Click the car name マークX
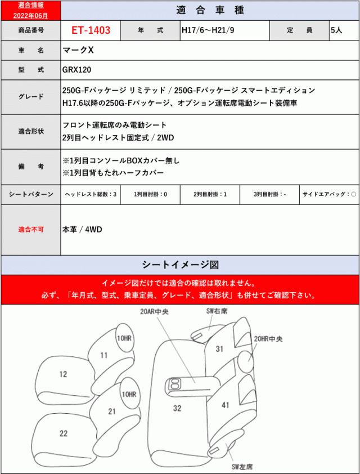78,51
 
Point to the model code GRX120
77,70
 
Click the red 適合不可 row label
31,230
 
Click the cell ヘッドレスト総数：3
91,194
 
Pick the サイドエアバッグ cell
328,194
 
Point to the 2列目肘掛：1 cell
209,194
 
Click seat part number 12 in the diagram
63,374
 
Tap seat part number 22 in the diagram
63,432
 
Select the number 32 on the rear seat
177,408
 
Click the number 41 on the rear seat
226,405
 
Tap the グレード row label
31,96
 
